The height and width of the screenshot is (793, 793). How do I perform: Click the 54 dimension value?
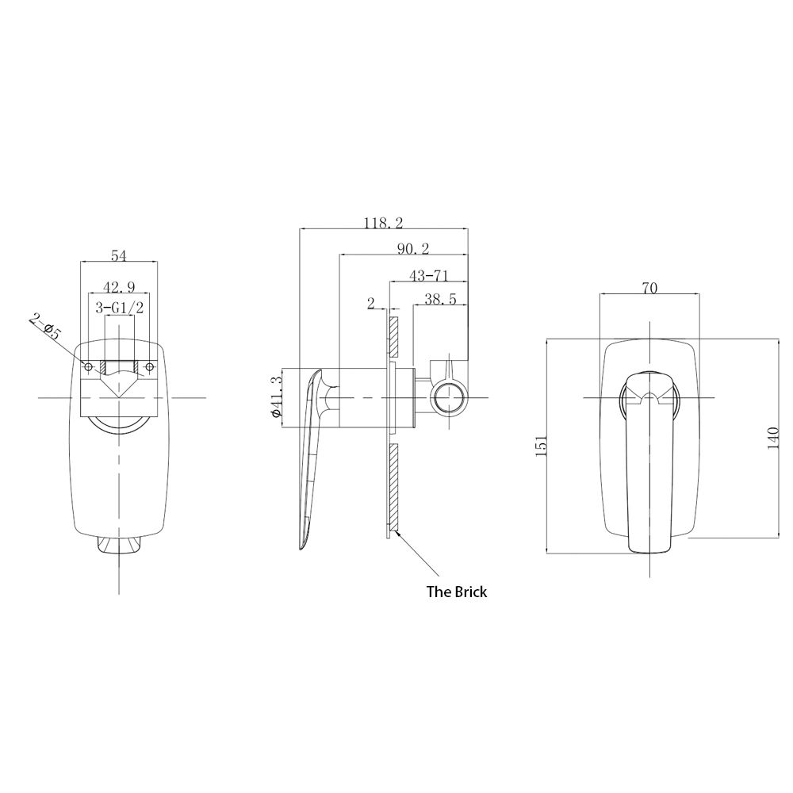[x=118, y=255]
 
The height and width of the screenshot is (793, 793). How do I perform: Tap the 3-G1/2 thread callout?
[x=120, y=308]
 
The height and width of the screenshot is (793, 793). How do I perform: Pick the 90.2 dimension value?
[x=412, y=249]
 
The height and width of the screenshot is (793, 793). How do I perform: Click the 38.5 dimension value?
[x=439, y=300]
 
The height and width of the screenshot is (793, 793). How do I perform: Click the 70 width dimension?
[x=649, y=289]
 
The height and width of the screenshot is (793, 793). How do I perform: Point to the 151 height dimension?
[x=541, y=446]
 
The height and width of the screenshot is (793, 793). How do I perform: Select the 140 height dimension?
[x=772, y=437]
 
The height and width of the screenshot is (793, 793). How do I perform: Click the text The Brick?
[x=456, y=591]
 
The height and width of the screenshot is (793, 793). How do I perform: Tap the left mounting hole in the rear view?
[x=89, y=366]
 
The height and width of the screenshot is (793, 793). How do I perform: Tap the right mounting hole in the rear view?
[x=148, y=366]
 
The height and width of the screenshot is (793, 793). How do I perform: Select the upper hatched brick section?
[x=391, y=336]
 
